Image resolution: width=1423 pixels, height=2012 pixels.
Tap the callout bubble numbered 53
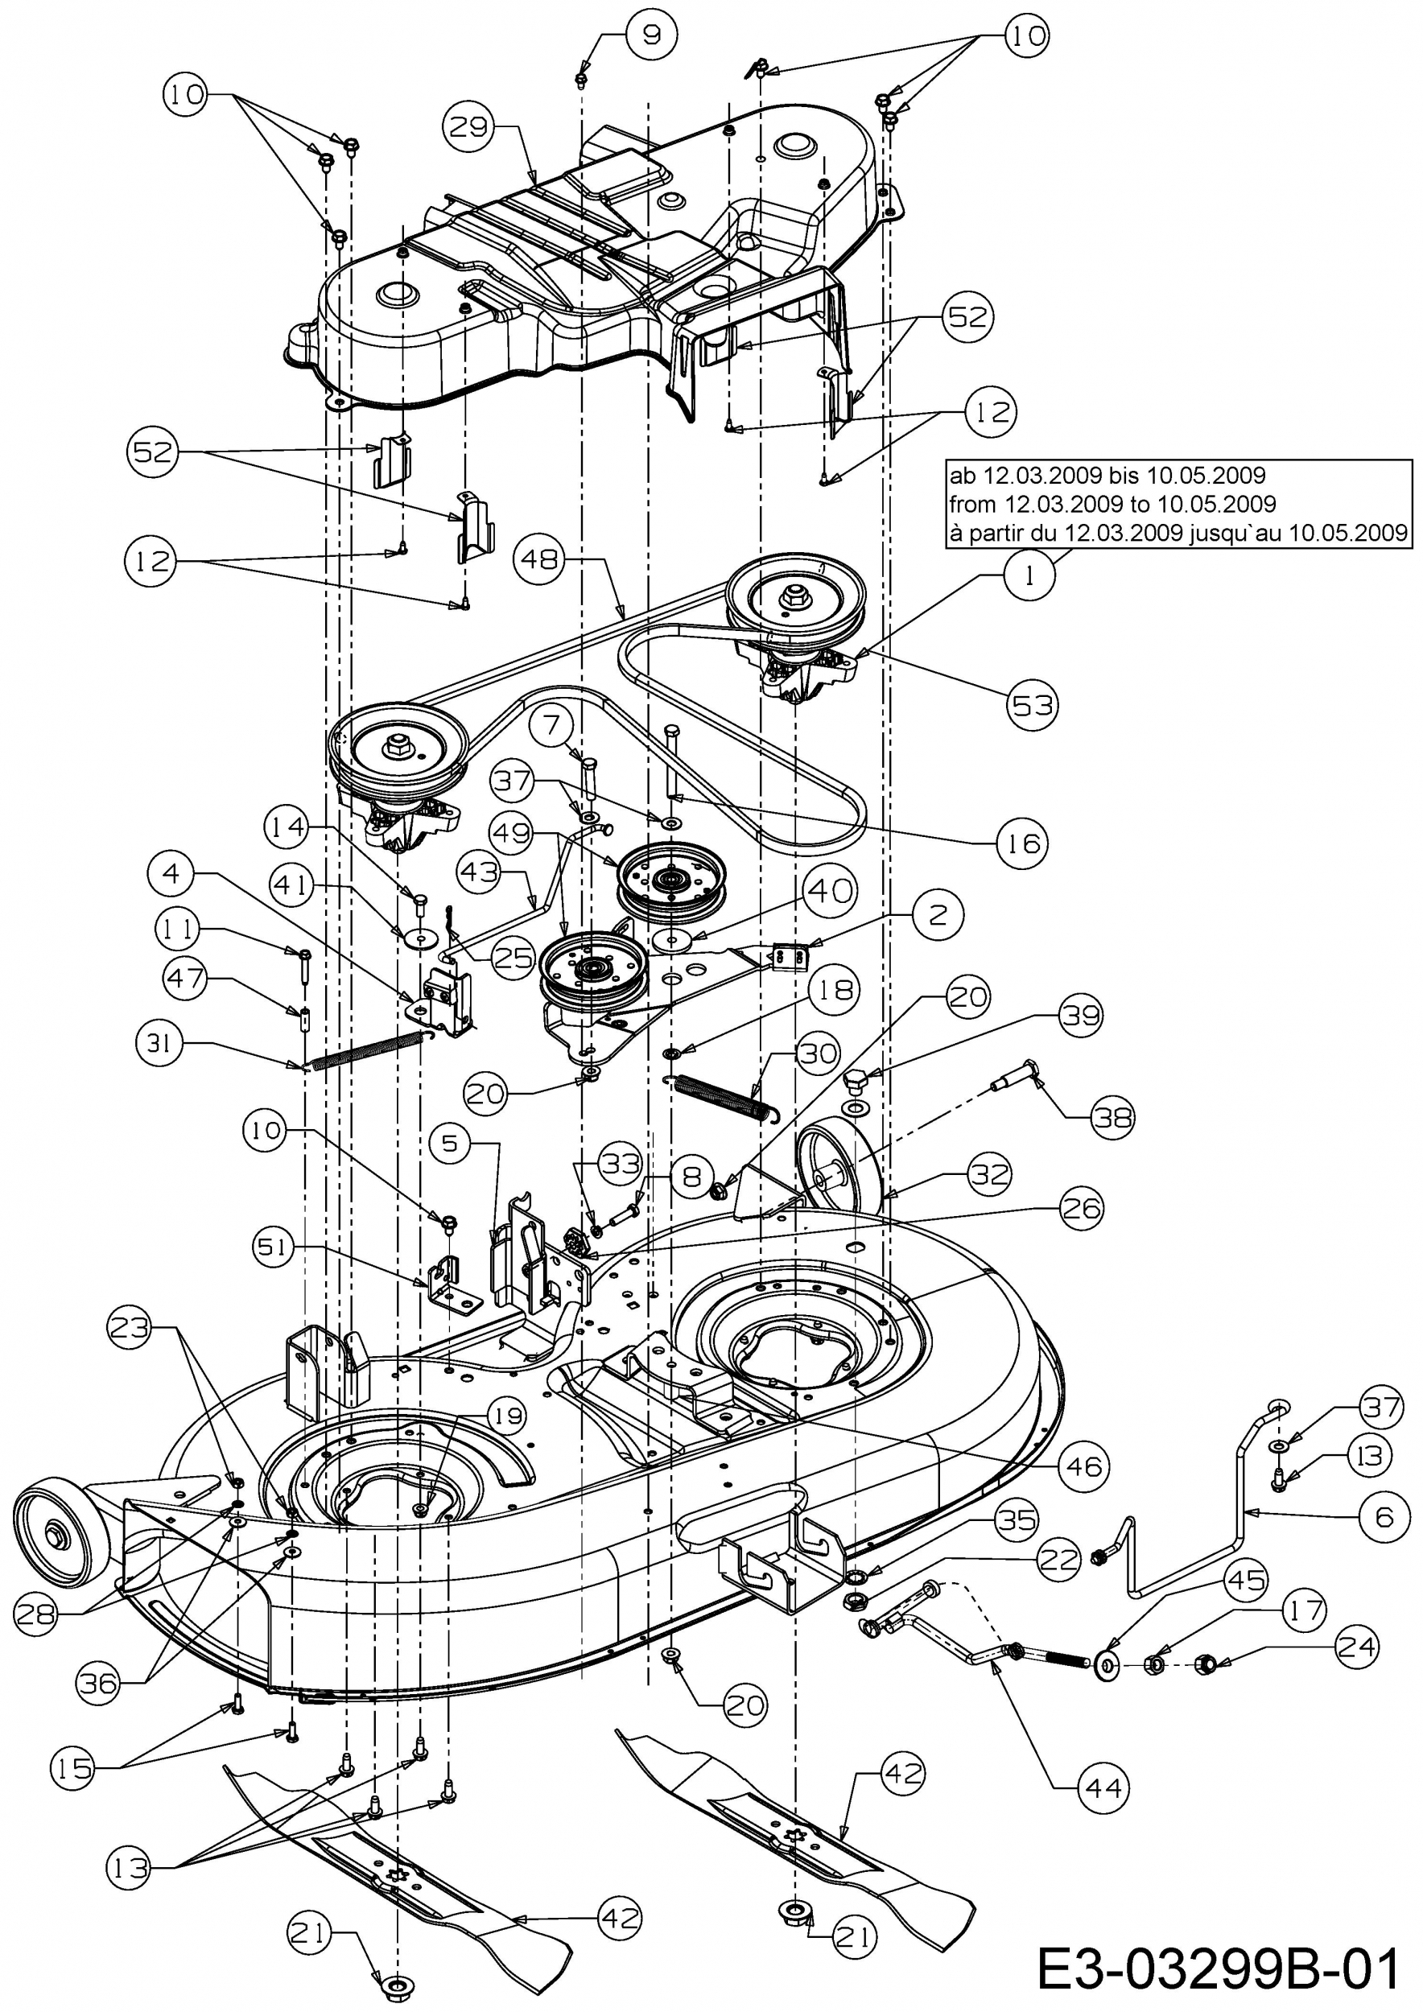(x=1032, y=703)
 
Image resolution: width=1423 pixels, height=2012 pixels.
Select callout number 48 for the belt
(x=542, y=559)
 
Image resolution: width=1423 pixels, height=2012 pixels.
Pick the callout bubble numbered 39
(x=1079, y=1016)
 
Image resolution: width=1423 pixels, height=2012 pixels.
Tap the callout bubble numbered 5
(x=451, y=1144)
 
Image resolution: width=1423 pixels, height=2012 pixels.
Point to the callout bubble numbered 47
(x=185, y=979)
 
